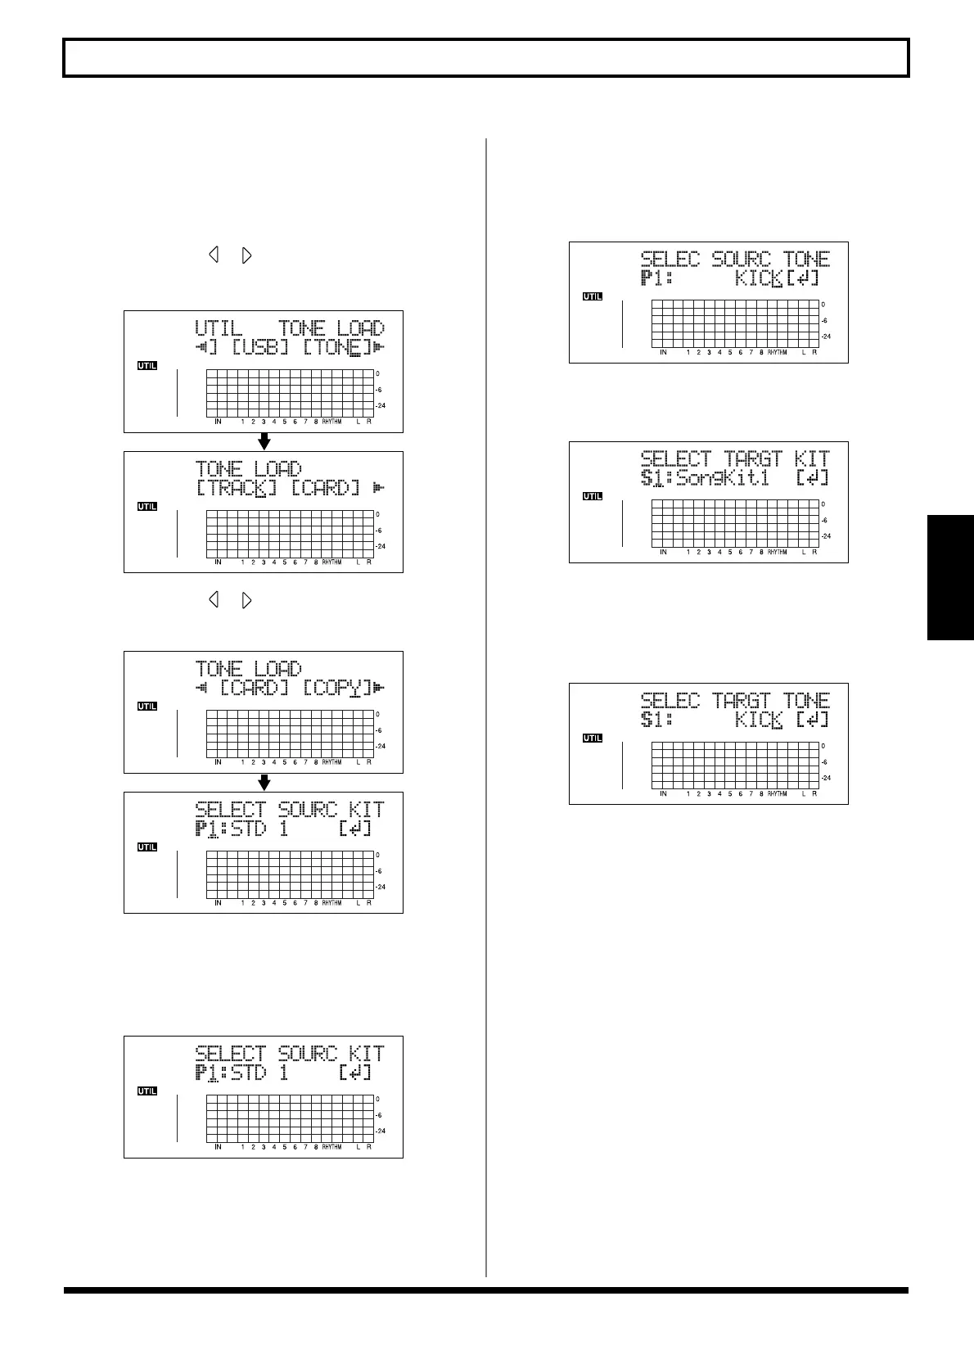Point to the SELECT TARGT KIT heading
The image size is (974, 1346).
735,458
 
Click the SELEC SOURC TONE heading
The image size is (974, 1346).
735,260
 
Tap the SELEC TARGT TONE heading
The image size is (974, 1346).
735,701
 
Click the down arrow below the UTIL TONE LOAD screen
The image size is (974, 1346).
264,442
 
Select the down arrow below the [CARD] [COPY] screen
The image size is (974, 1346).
264,783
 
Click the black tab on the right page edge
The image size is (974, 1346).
950,577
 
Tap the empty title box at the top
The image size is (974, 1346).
486,58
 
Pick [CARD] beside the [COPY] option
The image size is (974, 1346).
255,689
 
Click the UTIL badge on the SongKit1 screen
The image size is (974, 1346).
592,496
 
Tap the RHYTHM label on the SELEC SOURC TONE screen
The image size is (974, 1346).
777,353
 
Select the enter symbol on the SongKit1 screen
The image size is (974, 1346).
812,478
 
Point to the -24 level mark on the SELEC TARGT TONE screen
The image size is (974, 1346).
826,778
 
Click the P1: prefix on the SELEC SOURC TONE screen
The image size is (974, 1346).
656,279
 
